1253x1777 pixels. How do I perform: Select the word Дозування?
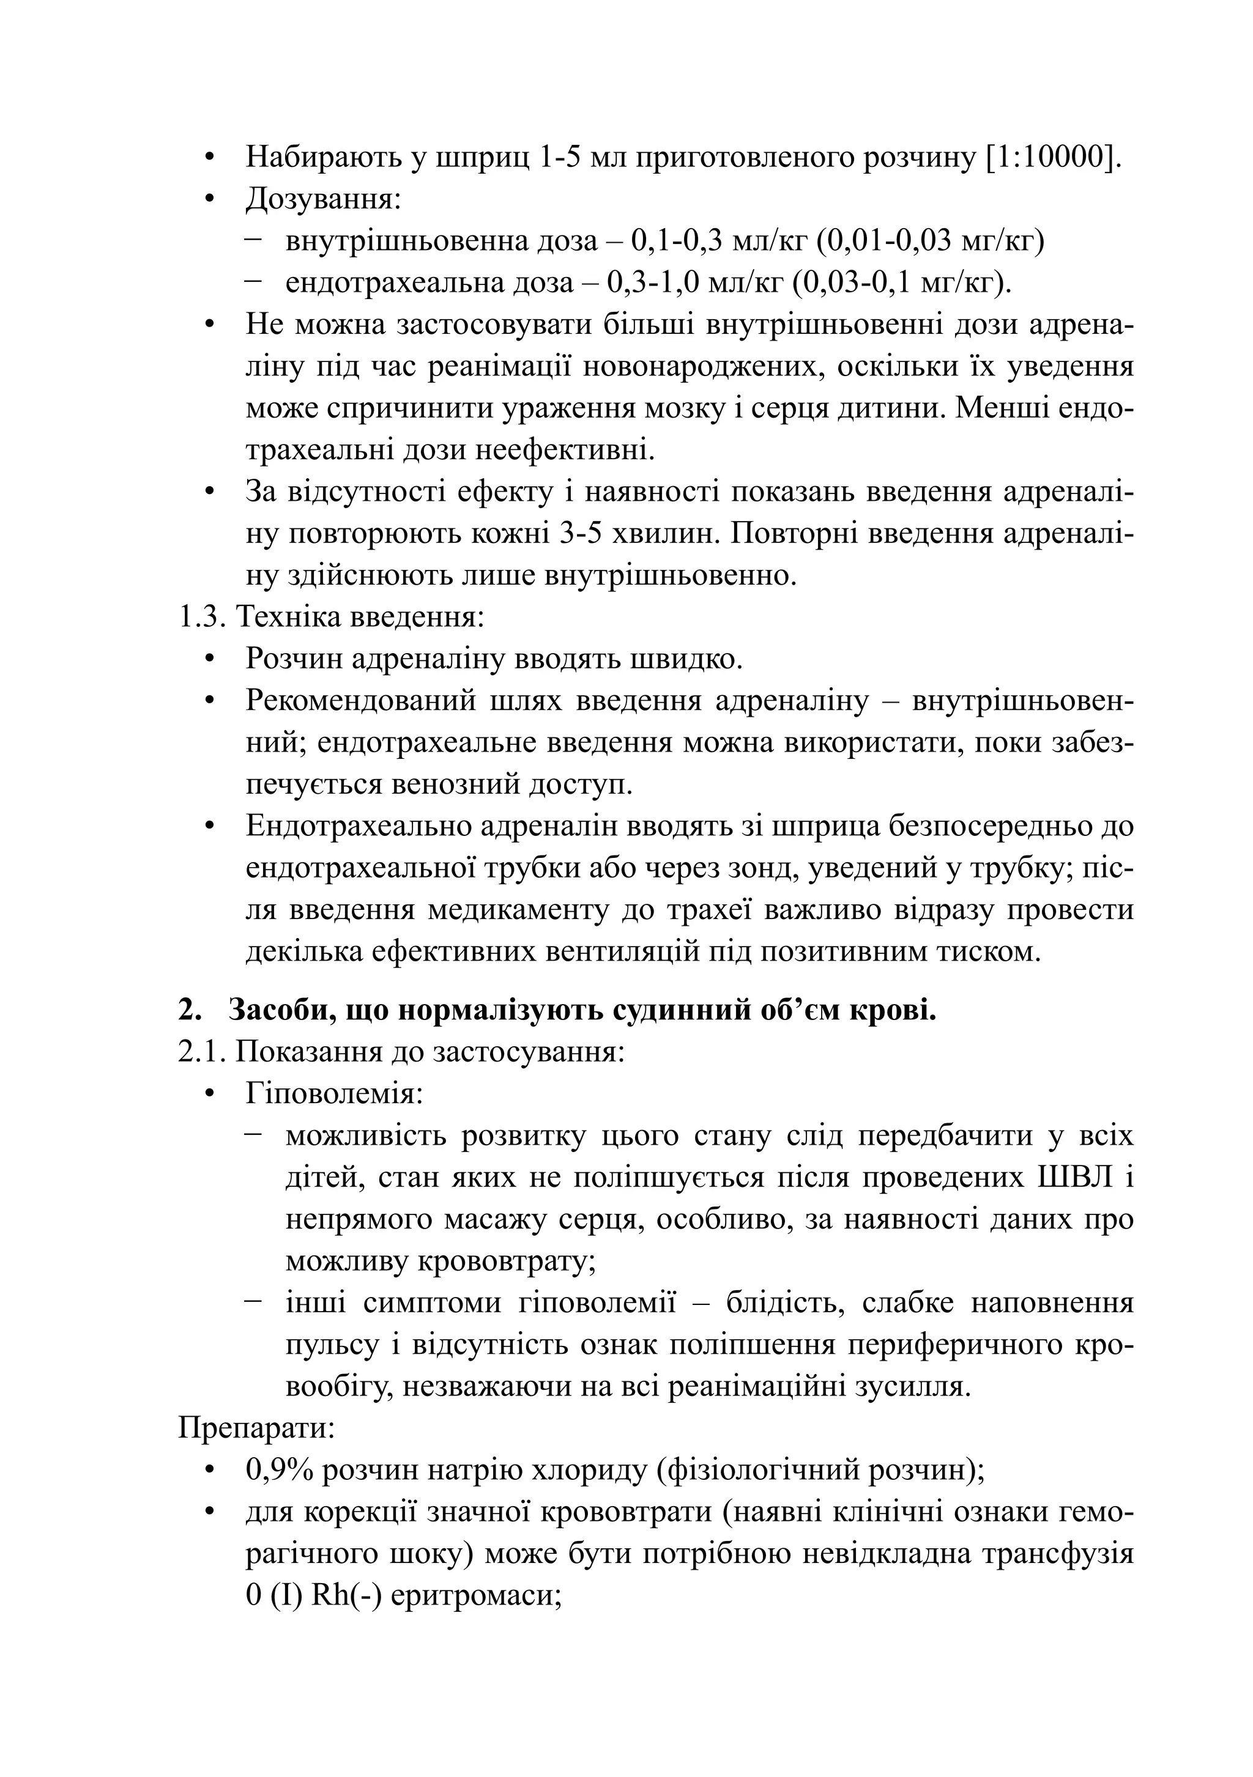322,200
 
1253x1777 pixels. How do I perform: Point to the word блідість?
782,1303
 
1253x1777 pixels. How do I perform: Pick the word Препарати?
256,1428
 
